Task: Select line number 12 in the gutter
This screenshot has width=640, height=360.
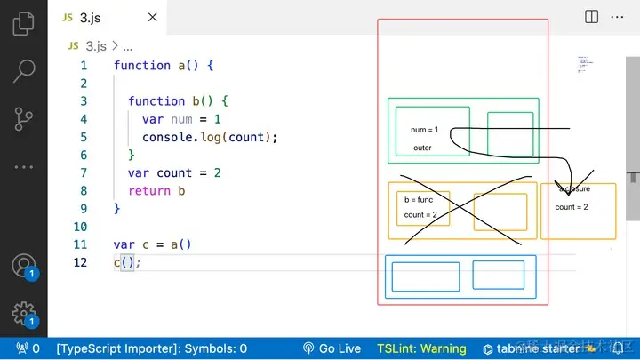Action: pos(81,262)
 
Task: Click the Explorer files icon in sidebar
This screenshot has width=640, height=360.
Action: pos(24,23)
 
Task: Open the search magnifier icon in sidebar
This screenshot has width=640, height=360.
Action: pos(24,70)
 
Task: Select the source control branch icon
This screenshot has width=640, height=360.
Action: pos(24,118)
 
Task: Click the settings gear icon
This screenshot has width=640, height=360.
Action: pos(23,312)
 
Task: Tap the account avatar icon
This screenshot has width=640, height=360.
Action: pos(23,265)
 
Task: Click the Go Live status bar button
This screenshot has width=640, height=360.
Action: pos(332,348)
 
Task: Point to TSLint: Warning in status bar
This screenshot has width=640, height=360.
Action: pos(421,348)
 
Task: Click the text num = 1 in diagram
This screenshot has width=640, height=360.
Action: pos(424,130)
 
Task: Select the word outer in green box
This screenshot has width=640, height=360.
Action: pos(422,148)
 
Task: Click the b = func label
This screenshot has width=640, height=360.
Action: pos(419,200)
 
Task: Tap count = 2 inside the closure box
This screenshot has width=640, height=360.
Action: pos(572,207)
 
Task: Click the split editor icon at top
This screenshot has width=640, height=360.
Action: pos(592,16)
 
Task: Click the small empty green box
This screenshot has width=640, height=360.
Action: pos(510,133)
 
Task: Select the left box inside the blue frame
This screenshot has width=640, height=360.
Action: pos(425,276)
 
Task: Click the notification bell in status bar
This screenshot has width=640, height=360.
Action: pos(617,348)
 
